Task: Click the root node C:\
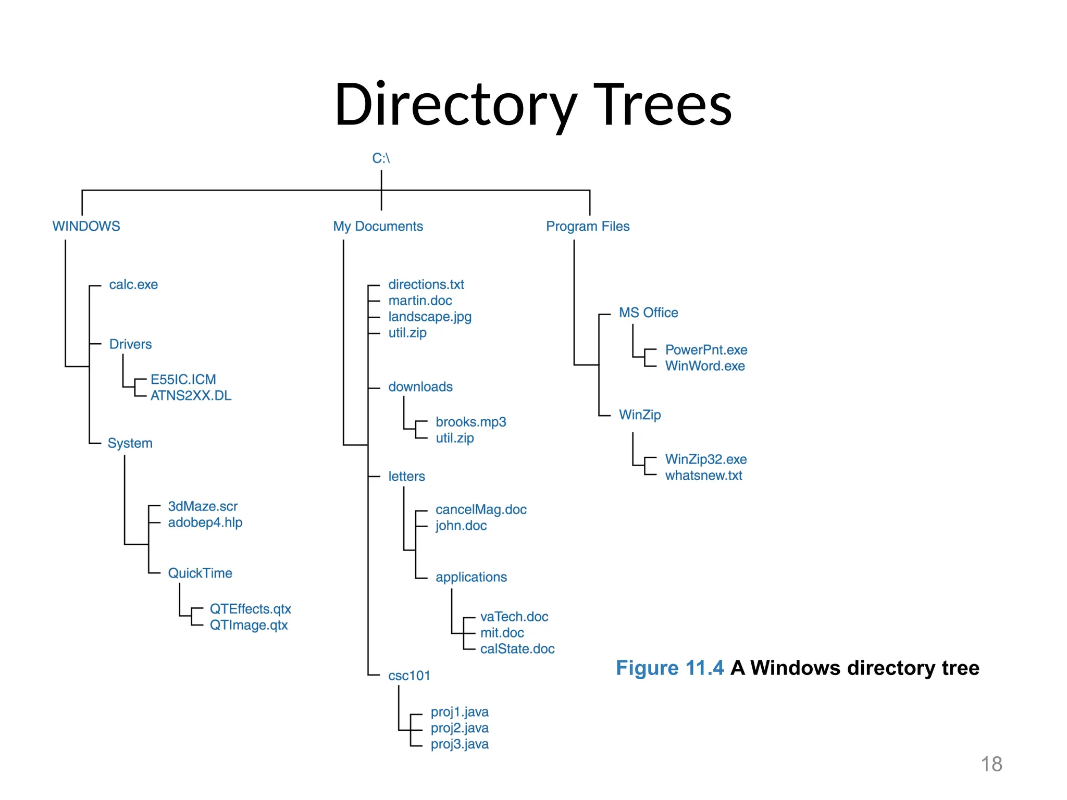tap(381, 158)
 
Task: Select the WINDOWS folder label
tap(86, 226)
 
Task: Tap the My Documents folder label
tap(378, 226)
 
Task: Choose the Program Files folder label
tap(588, 226)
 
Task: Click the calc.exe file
tap(133, 284)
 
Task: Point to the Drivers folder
tap(130, 344)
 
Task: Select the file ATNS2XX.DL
tap(191, 396)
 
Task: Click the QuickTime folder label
tap(200, 573)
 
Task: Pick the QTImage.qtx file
tap(249, 625)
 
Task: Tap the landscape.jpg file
tap(430, 317)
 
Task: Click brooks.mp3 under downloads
tap(470, 422)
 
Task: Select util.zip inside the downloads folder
tap(455, 438)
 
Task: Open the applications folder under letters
tap(471, 577)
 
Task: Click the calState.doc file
tap(517, 649)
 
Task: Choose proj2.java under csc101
tap(460, 728)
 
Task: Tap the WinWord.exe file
tap(705, 366)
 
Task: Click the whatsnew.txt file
tap(703, 476)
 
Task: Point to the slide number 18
tap(991, 764)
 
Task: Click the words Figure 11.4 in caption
tap(669, 668)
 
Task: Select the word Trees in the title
tap(663, 105)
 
